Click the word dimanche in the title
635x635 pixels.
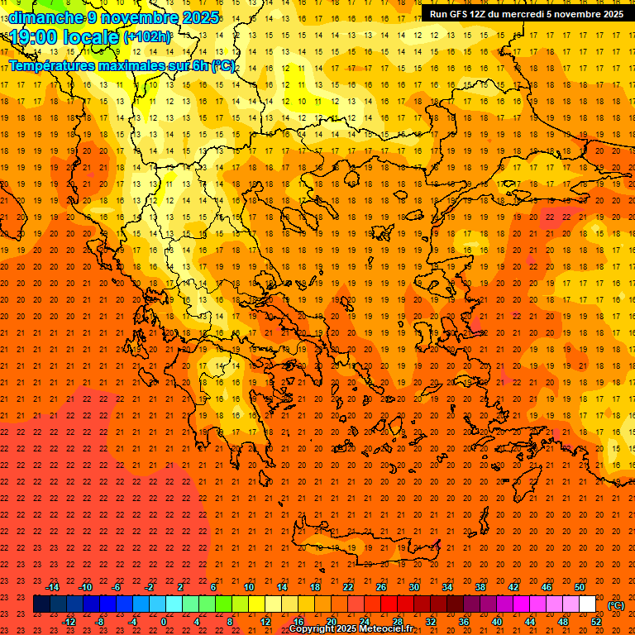46,17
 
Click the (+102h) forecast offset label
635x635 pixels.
147,36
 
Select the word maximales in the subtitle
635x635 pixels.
135,65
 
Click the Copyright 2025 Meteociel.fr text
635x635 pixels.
351,629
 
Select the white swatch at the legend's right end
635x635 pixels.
588,604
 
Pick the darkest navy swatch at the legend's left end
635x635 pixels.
41,604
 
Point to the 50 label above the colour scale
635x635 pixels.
580,587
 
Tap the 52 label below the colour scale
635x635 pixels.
596,622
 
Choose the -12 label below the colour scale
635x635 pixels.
69,622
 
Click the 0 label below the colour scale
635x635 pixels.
164,622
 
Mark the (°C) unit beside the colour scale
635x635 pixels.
616,605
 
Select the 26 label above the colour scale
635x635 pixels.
381,587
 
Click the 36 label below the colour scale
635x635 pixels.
464,622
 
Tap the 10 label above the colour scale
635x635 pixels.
249,587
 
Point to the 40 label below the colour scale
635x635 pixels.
497,622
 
